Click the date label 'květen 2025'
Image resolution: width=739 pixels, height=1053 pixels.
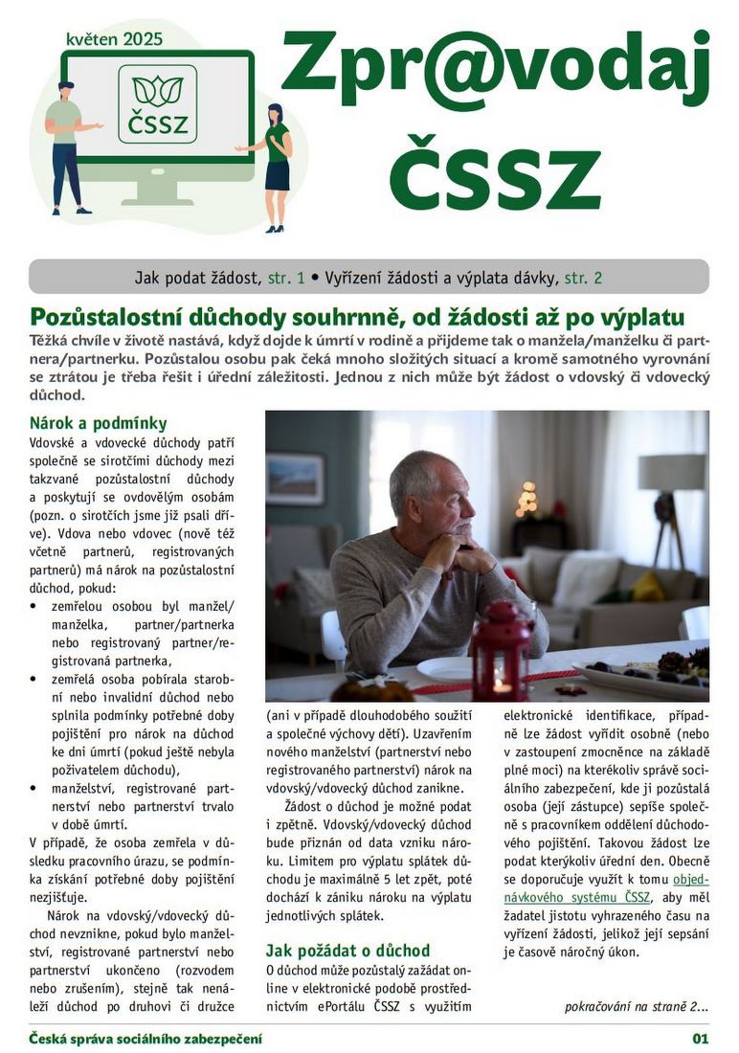click(x=114, y=39)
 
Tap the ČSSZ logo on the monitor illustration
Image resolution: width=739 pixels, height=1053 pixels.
click(x=158, y=104)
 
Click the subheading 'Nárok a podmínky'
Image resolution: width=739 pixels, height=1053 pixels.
click(x=99, y=423)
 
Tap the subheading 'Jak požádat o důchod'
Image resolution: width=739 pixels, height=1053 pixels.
click(x=347, y=951)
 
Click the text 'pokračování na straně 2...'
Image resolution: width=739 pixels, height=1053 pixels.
click(x=637, y=1006)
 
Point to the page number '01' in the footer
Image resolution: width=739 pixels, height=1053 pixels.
click(x=700, y=1039)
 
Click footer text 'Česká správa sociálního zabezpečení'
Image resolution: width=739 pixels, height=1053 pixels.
click(x=145, y=1039)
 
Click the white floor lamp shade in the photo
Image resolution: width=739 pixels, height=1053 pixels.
click(x=671, y=473)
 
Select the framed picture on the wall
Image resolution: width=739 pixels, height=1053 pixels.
click(x=294, y=479)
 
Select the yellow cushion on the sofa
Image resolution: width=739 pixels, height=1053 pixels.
click(x=648, y=586)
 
